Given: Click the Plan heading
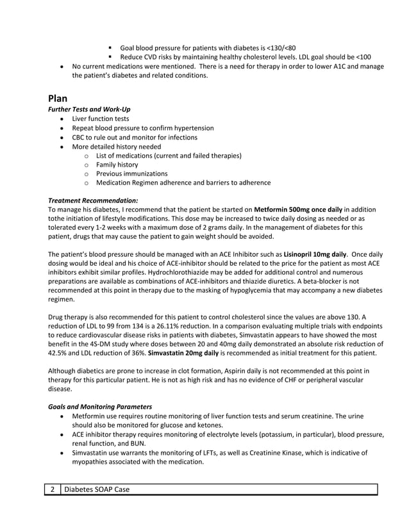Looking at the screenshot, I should [58, 99].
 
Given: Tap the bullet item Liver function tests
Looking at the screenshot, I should [100, 119].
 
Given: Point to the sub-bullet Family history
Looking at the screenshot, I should [117, 165].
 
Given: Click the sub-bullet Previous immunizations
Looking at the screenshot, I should [131, 174].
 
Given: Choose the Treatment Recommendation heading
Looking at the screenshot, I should [93, 200].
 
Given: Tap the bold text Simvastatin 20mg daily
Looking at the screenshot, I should [188, 354].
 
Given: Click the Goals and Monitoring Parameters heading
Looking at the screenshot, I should [100, 407].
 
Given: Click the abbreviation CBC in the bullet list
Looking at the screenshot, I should [79, 137].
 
